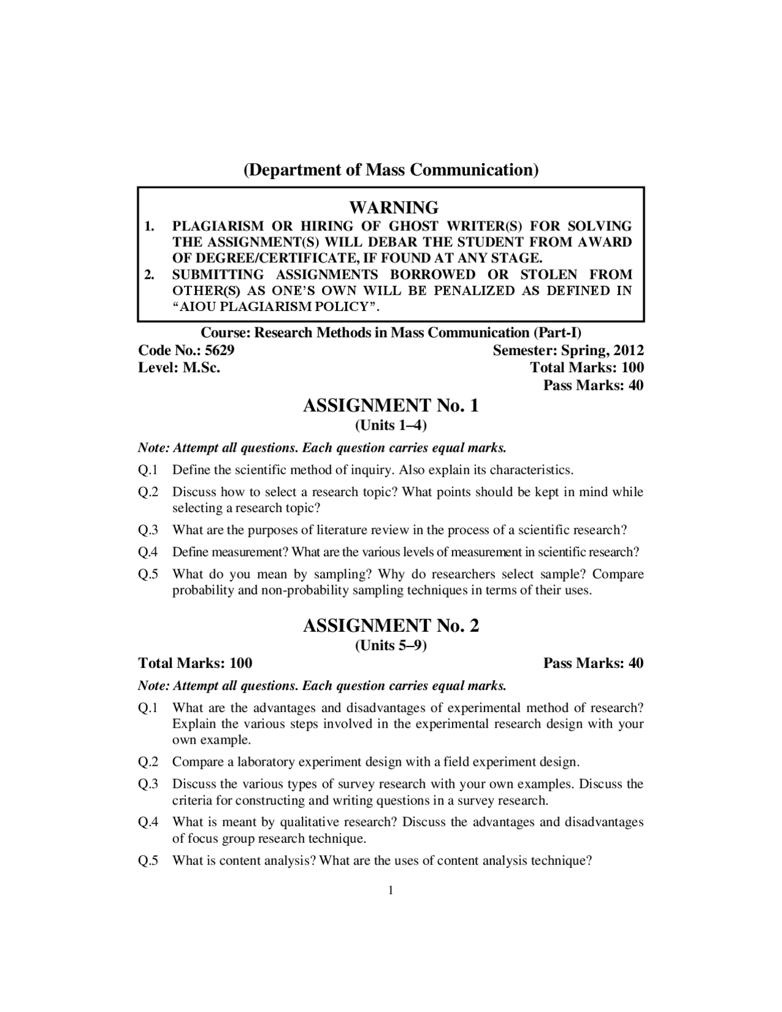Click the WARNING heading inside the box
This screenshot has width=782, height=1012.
click(x=393, y=207)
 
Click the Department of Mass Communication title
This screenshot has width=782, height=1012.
click(x=391, y=169)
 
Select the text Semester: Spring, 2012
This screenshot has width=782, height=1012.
click(x=568, y=350)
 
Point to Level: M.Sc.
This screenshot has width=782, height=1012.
click(x=179, y=367)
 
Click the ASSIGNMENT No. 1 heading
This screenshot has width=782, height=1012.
click(x=391, y=405)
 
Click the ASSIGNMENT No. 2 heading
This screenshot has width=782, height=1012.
click(x=391, y=625)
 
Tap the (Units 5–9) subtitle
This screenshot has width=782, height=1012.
click(x=391, y=645)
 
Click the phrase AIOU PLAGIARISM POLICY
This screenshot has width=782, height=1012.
click(x=282, y=307)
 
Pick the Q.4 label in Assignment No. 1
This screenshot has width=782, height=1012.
click(x=148, y=552)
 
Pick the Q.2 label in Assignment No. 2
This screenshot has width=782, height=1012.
click(x=148, y=762)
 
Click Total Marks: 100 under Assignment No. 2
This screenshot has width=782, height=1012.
click(x=195, y=663)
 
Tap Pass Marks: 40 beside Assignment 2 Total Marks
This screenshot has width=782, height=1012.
click(x=593, y=663)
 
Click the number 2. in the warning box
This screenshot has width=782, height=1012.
click(x=149, y=274)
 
